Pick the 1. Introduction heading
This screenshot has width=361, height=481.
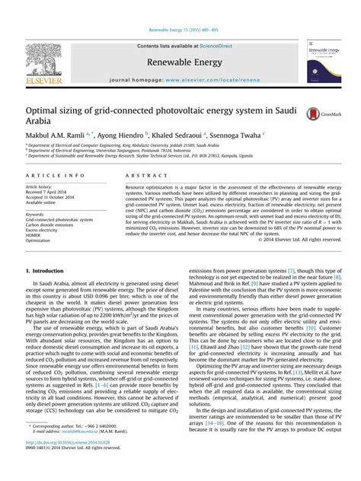tap(50, 271)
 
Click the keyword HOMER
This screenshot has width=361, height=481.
tap(35, 234)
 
